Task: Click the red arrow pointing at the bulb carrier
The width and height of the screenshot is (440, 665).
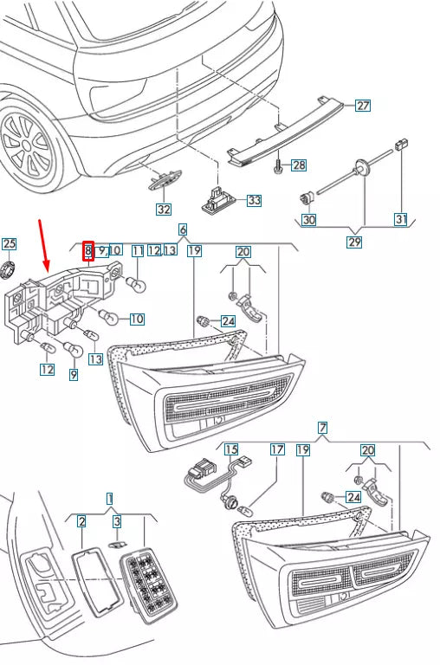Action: (43, 247)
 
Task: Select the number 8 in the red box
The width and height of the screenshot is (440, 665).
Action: (87, 251)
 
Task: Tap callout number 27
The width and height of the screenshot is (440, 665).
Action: (362, 107)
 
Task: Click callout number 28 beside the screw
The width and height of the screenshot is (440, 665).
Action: (298, 165)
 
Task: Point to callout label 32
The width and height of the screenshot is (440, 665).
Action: (163, 209)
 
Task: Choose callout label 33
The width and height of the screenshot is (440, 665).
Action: (253, 201)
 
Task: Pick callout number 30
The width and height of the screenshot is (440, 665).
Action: (308, 220)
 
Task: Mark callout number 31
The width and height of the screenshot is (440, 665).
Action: (400, 220)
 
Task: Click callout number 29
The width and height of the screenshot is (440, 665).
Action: (353, 242)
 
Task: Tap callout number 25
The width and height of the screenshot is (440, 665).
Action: (9, 243)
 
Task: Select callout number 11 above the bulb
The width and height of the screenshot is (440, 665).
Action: (138, 251)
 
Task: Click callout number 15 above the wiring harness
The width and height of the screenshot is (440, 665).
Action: (231, 449)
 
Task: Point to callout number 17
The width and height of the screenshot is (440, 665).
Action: (276, 449)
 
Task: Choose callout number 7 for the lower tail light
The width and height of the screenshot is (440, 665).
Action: (322, 428)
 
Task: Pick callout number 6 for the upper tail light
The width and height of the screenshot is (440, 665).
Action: (183, 229)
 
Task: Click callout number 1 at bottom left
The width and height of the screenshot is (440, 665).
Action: (109, 498)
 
